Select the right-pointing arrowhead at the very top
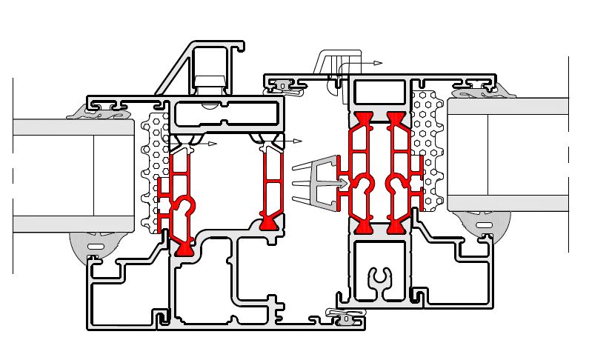[379, 64]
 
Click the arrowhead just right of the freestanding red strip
[299, 140]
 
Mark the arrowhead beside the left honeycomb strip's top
[213, 144]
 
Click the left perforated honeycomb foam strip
[153, 174]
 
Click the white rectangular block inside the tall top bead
[209, 79]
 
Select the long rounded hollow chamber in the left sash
[227, 115]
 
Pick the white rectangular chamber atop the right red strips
[380, 93]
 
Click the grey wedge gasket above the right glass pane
[476, 93]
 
